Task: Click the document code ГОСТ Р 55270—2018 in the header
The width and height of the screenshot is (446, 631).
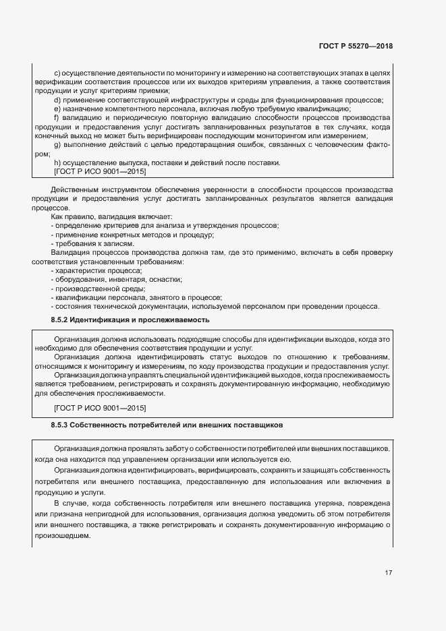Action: [356, 47]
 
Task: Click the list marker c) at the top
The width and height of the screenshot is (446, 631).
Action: [57, 71]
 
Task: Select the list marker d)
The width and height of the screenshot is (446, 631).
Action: [57, 100]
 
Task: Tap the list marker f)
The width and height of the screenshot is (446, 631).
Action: [57, 119]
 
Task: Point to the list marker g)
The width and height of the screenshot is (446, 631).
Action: [57, 146]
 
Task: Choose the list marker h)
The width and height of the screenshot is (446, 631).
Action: [57, 163]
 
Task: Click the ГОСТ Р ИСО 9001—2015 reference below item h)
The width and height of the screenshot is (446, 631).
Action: [99, 173]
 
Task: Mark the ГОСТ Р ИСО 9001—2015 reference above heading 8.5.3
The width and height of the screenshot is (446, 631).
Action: [99, 409]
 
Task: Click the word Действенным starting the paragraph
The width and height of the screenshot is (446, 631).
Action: [76, 191]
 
